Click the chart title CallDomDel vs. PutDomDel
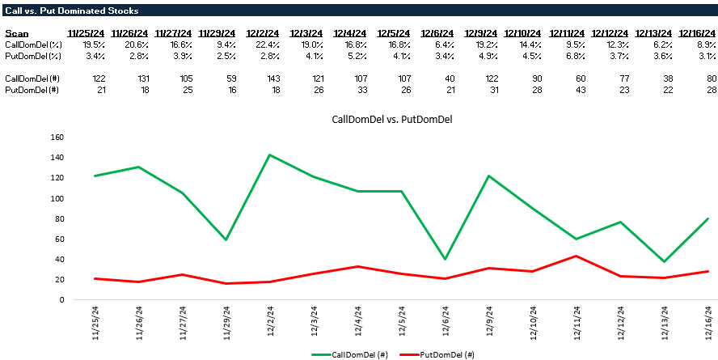[392, 120]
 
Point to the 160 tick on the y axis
[57, 137]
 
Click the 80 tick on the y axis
[59, 218]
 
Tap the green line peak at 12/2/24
[268, 155]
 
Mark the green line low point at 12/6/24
[446, 259]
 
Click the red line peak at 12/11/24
[577, 256]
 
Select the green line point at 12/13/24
[665, 261]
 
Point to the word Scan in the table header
[16, 33]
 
